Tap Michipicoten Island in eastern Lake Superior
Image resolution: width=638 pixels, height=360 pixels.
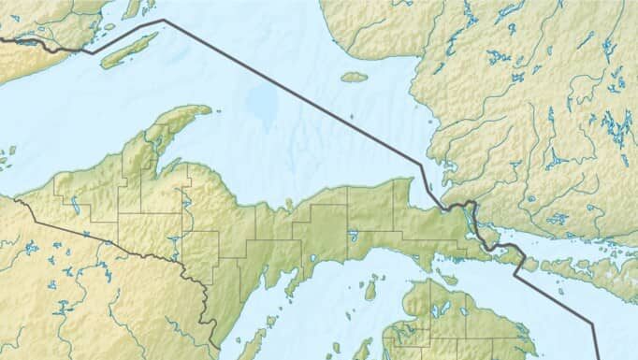[x=354, y=77]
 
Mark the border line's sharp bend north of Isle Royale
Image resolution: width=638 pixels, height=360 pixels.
[x=164, y=20]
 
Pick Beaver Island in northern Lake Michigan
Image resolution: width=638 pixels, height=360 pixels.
[x=370, y=289]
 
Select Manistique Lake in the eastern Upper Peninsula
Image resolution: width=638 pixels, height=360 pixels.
[x=353, y=236]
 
